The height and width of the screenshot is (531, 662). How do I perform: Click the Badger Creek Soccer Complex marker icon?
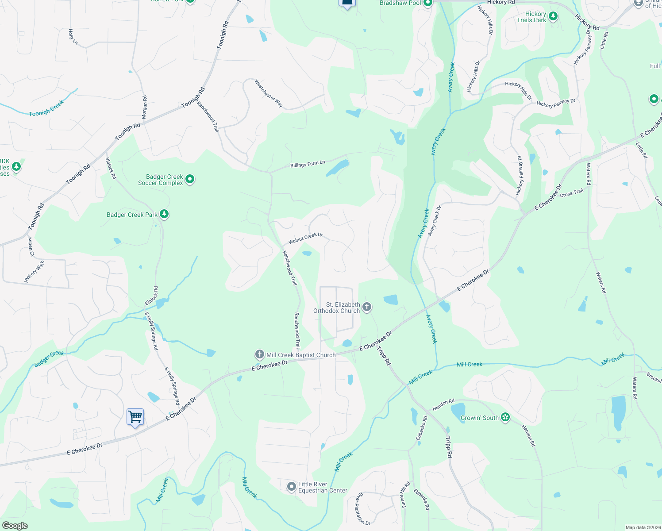coord(190,179)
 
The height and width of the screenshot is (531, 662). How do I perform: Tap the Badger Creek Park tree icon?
coord(164,215)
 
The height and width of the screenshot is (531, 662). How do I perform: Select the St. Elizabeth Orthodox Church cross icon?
coord(367,307)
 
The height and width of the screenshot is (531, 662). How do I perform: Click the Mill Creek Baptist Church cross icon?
coord(260,354)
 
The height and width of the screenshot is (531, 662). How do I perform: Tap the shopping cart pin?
coord(135,417)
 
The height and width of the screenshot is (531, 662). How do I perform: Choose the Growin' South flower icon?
coord(505,417)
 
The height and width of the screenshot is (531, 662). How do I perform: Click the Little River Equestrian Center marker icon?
coord(291,487)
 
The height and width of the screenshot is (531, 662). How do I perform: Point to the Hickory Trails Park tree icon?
coord(553,17)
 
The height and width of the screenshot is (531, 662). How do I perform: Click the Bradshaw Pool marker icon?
coord(427,4)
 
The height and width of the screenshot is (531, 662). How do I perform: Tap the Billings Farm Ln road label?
coord(308,164)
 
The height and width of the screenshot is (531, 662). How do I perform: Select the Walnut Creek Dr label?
coord(305,239)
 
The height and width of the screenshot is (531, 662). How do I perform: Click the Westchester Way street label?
coord(269,93)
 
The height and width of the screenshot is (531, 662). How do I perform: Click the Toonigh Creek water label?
coord(46,108)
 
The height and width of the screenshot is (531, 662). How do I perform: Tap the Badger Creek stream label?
coord(49,358)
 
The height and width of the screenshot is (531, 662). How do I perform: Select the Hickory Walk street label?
coord(35,272)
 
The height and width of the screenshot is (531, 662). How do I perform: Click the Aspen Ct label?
coord(31,247)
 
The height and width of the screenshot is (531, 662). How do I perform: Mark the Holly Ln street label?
coord(73,37)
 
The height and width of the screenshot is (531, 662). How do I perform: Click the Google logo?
coord(15,525)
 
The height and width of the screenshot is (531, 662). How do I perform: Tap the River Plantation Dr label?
coord(363,508)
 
